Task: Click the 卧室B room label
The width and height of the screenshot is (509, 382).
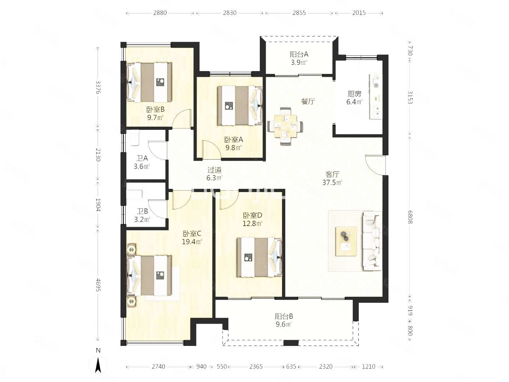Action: [156, 109]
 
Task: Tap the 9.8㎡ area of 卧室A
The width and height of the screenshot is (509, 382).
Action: [233, 148]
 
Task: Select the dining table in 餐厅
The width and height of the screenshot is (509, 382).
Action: [285, 126]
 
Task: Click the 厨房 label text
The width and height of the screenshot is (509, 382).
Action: [354, 94]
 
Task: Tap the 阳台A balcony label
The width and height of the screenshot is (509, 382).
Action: [299, 54]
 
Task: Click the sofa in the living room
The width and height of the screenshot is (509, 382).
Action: [372, 241]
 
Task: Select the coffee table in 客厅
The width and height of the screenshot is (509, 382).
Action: [346, 241]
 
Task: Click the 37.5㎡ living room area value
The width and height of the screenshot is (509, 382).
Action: [332, 183]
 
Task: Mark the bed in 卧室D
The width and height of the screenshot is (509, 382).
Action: [259, 257]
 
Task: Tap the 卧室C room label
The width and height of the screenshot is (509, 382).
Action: [192, 233]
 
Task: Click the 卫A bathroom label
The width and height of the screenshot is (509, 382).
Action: [142, 158]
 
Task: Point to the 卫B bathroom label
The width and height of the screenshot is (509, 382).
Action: [142, 211]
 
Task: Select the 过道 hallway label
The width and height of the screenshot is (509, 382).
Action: [214, 170]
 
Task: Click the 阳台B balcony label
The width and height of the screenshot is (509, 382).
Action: [284, 316]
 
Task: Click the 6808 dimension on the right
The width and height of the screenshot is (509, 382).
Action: [410, 217]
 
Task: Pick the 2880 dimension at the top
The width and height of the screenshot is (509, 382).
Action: [160, 13]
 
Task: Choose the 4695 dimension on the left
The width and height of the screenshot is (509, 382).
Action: [98, 285]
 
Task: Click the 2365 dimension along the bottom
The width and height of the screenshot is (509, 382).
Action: [256, 366]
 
